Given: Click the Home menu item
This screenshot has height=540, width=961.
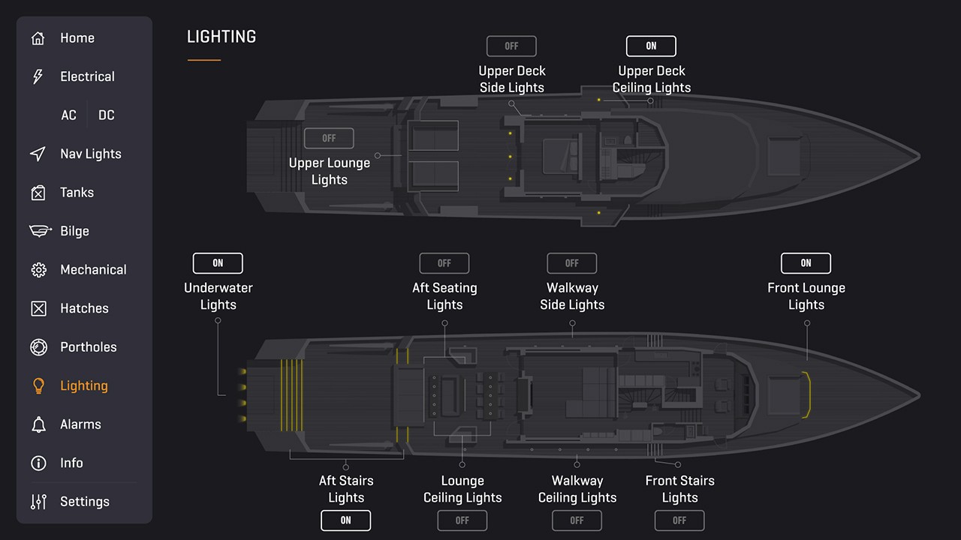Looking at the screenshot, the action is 77,38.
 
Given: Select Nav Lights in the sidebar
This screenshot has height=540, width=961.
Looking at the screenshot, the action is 90,154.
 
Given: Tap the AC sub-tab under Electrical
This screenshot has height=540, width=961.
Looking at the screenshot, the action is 68,115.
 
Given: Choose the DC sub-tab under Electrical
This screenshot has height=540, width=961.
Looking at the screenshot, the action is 107,115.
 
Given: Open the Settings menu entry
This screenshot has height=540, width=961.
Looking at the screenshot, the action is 84,502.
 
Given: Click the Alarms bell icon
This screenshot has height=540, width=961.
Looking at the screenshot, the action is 38,424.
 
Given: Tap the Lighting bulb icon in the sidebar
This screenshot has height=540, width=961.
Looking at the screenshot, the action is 38,385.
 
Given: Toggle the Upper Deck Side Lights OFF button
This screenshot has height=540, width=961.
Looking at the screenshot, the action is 511,46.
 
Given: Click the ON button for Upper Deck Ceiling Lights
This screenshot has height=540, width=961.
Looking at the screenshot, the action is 651,46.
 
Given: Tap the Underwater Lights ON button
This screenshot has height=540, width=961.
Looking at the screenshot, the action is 218,263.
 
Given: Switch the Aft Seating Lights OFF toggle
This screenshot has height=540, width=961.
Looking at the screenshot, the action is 444,263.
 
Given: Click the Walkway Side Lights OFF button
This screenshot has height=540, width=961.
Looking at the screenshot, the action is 572,263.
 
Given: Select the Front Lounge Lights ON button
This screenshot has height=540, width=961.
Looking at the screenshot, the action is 806,263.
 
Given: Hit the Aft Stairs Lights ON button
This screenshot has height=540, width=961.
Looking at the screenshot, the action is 345,520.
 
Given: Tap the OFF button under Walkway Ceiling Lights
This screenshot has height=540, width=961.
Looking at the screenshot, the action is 577,520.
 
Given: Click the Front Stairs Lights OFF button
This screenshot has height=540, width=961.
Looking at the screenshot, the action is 679,520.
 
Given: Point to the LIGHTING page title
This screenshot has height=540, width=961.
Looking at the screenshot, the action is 221,37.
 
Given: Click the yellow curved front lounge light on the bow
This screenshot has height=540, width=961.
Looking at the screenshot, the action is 808,394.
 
